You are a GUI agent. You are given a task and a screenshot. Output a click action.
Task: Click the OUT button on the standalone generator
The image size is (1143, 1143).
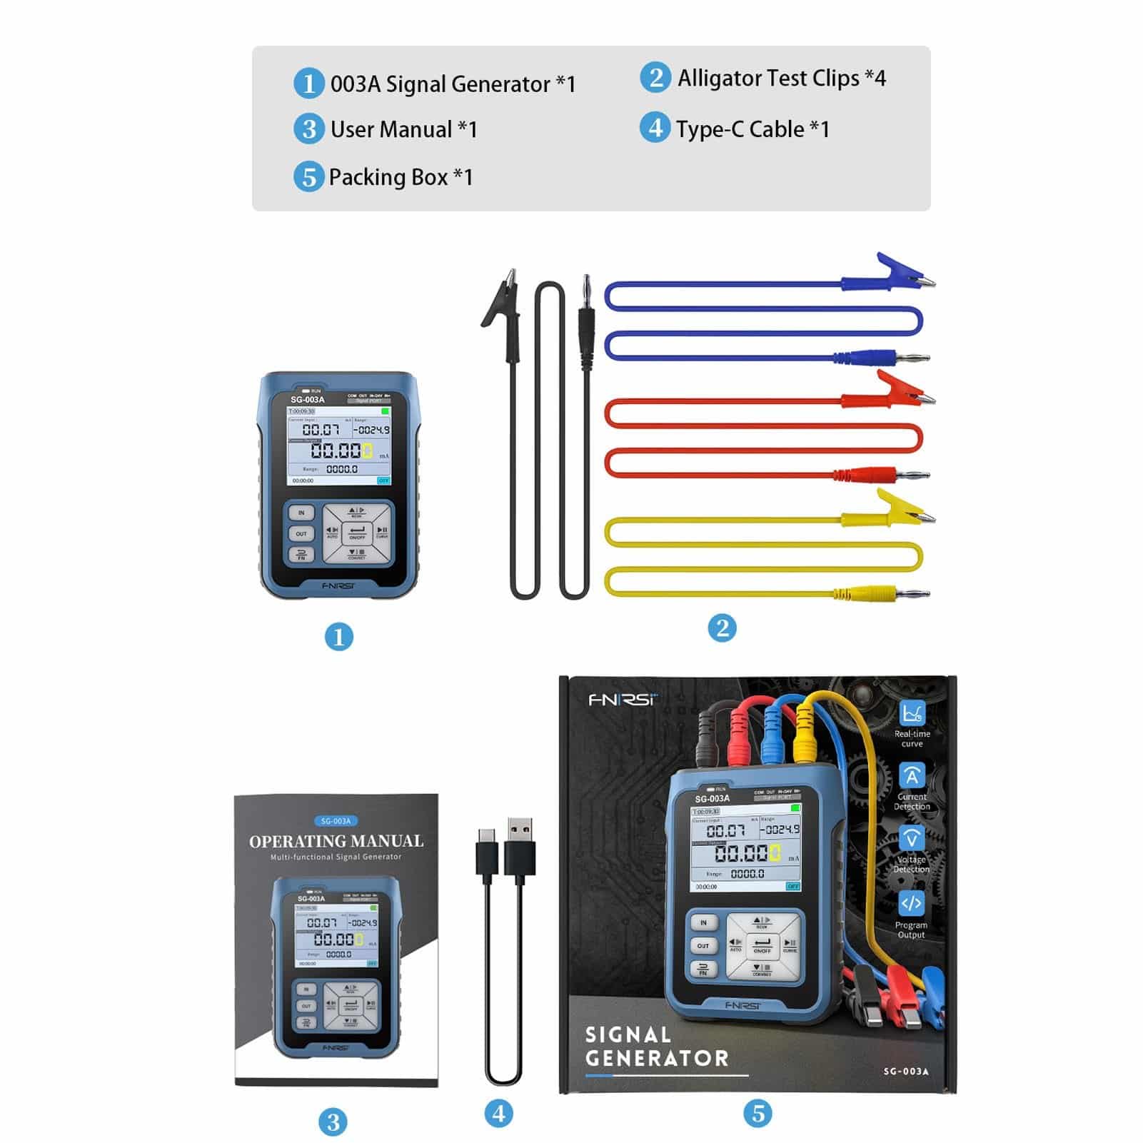(301, 533)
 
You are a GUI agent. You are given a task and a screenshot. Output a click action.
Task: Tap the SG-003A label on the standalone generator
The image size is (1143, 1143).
(307, 400)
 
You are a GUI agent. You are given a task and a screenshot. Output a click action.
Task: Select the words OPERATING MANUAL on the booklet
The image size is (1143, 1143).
(336, 841)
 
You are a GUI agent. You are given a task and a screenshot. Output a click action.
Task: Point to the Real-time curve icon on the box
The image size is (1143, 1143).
(912, 713)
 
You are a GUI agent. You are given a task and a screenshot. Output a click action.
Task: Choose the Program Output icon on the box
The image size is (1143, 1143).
(911, 903)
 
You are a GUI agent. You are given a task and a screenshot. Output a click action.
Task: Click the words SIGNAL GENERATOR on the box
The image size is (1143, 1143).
(657, 1047)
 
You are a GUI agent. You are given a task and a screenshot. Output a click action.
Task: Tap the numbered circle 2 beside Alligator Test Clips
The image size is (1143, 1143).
(655, 77)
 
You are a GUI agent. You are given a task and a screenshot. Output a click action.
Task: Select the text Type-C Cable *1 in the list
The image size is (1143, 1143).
(752, 129)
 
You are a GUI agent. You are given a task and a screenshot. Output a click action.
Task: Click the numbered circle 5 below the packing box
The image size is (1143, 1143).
(757, 1112)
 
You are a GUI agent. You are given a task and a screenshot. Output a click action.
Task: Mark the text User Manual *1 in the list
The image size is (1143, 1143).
(403, 129)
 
